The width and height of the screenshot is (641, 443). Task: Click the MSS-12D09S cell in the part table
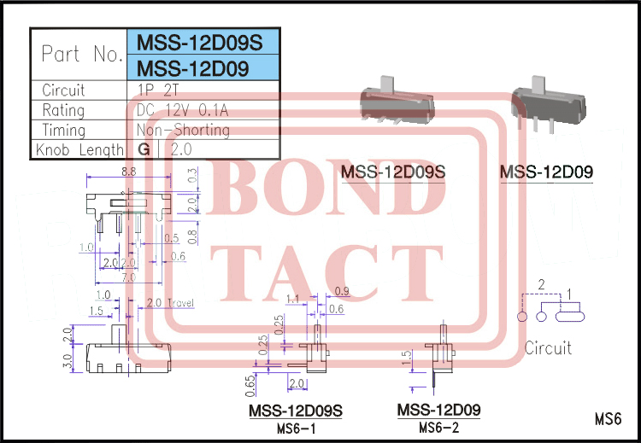[203, 42]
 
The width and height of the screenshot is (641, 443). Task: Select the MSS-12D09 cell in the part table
[193, 68]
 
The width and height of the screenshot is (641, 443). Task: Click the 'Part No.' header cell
[82, 55]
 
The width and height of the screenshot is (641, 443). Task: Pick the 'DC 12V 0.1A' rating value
[182, 110]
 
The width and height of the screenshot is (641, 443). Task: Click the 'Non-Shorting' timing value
[183, 131]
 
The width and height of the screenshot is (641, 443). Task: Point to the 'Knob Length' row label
[79, 150]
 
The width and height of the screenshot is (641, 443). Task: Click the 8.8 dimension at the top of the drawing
[129, 172]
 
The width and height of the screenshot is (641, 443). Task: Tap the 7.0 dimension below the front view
[127, 278]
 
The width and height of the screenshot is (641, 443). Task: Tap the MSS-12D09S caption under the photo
[393, 172]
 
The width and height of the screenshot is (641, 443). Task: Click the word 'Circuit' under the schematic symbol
[548, 348]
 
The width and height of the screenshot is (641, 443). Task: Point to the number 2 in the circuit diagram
[541, 284]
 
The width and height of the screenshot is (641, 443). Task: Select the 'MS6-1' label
[295, 428]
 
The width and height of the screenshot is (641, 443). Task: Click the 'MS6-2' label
[438, 427]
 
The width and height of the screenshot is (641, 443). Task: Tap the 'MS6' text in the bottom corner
[607, 419]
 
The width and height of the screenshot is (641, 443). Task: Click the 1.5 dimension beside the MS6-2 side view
[408, 355]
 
